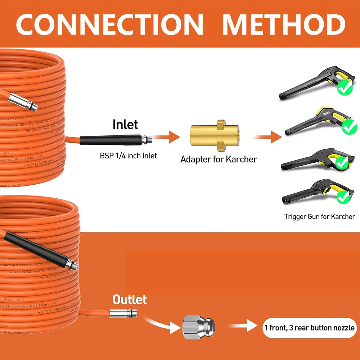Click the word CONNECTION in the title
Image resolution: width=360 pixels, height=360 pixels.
coord(110,24)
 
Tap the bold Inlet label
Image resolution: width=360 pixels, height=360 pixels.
coord(125,125)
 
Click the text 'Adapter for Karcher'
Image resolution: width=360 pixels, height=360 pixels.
coord(219,159)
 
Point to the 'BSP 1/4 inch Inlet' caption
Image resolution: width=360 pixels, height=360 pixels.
coord(128,156)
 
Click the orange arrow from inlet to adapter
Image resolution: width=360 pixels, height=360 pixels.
coord(169,137)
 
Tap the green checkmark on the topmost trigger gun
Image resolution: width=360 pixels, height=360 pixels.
coord(346,88)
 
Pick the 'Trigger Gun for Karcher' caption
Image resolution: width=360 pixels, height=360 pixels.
coord(319,216)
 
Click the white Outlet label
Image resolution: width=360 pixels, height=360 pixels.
coord(130,300)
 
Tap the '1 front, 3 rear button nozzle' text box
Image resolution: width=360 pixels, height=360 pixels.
coord(309,328)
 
